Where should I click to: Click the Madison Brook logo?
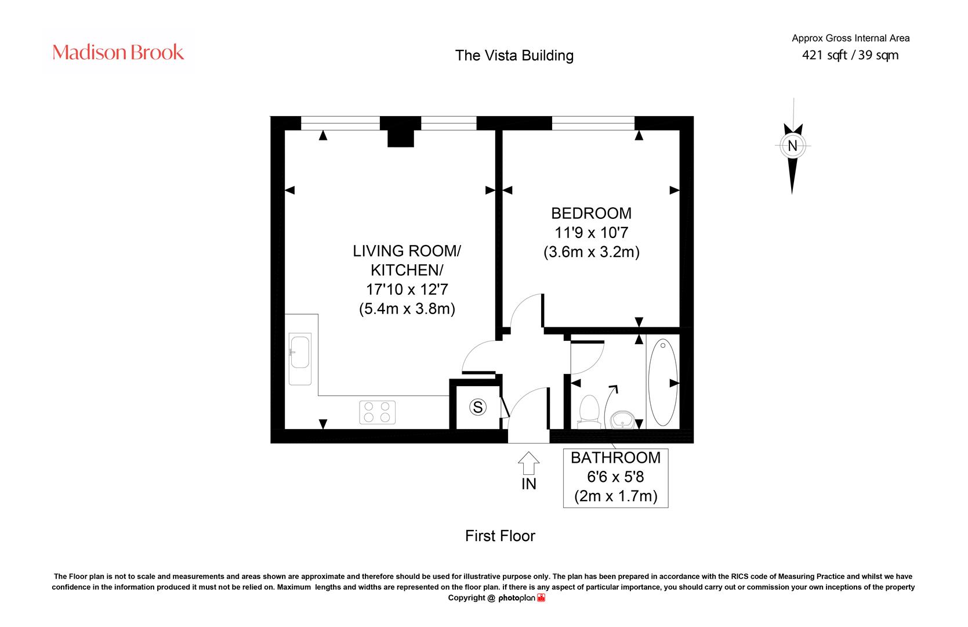coord(118,52)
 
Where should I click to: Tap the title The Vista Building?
coord(514,55)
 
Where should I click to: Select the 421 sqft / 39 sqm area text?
coord(850,55)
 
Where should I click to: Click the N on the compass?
coord(792,146)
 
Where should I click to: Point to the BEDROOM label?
coord(591,213)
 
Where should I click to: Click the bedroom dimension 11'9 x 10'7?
coord(591,233)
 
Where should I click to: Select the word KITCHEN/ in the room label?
coord(407,271)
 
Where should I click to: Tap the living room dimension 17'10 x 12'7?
coord(407,290)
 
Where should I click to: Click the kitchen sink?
coord(300,359)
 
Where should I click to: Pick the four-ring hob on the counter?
coord(377,412)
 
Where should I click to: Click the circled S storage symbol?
coord(477,407)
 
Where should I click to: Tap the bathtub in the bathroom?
coord(663,382)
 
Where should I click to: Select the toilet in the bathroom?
coord(589,412)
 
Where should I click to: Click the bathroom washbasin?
coord(622,420)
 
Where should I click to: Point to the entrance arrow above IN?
coord(528,463)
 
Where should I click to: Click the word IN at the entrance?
coord(529,484)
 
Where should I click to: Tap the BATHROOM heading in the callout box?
coord(615,458)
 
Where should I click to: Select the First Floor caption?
coord(500,536)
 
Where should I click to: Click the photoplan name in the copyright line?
coord(517,598)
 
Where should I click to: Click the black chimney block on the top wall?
coord(401,132)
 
